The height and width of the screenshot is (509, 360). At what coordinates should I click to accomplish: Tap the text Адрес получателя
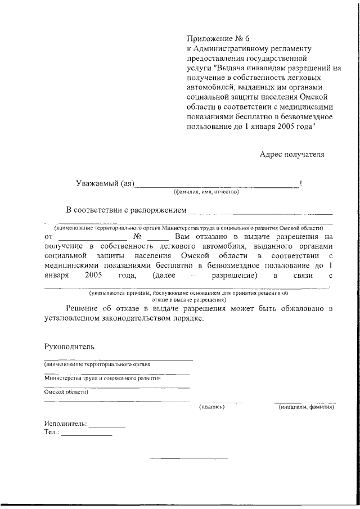coord(292,154)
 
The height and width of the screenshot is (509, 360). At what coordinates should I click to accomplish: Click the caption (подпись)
coord(212,407)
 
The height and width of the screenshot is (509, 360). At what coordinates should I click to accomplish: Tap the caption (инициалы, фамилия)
coord(306,407)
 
